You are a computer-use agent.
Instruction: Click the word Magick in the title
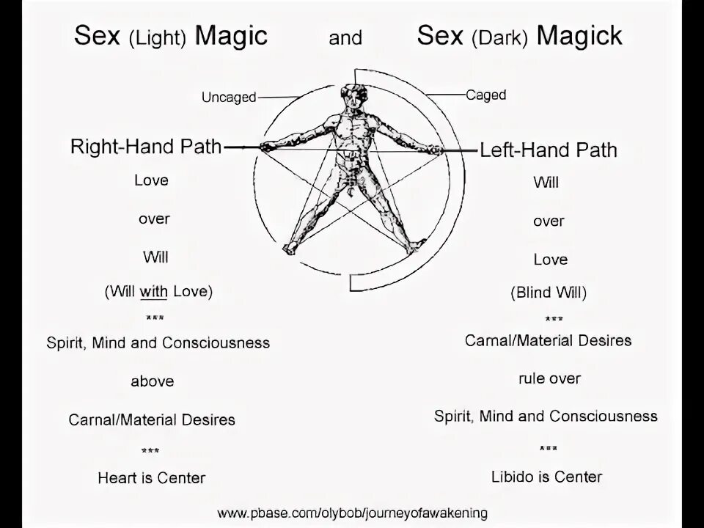coord(579,36)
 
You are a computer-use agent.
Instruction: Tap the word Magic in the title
coord(231,36)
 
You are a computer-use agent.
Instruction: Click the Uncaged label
coord(229,98)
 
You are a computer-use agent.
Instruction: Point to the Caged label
coord(485,95)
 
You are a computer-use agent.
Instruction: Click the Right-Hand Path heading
coord(146,147)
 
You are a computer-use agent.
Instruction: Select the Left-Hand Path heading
coord(549,150)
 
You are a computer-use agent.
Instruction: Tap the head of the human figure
coord(354,98)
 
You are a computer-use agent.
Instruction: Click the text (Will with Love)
coord(158,291)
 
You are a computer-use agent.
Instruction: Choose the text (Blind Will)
coord(549,293)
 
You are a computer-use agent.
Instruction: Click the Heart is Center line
coord(151,478)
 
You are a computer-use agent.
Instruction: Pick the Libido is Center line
coord(546,477)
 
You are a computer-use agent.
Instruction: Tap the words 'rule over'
coord(549,378)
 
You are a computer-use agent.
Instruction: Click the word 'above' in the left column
coord(153,381)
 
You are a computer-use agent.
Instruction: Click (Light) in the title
coord(160,37)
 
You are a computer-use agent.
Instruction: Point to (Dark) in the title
coord(501,37)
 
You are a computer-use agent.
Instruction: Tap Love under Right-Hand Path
coord(151,180)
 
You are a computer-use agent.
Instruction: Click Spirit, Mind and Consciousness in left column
coord(158,342)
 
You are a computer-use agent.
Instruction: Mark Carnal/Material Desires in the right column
coord(548,340)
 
